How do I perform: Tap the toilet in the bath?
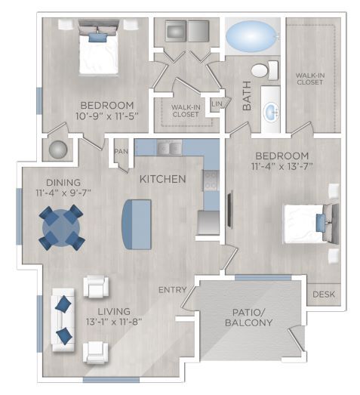coord(260,72)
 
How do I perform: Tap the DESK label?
coord(322,294)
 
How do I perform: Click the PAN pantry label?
coord(120,151)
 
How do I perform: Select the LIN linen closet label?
coord(217,103)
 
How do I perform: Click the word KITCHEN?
coord(162,180)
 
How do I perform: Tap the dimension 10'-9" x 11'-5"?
coord(106,118)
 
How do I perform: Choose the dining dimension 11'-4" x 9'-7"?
coord(63,193)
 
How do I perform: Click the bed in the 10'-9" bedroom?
coord(96,49)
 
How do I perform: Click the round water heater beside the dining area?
coord(57,149)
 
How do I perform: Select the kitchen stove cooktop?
coord(211,181)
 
